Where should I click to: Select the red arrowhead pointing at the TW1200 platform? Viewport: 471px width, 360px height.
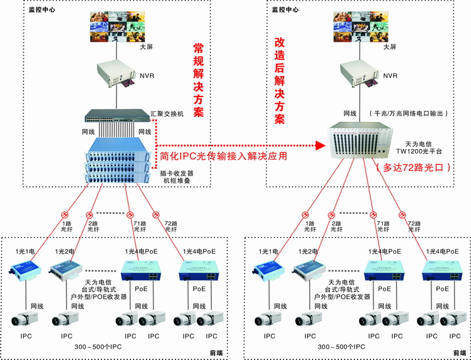[x=320, y=145]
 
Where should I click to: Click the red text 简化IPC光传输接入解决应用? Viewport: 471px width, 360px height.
[x=224, y=156]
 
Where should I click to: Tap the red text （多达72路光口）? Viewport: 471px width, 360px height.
[x=413, y=167]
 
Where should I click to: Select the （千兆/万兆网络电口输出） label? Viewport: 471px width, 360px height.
[x=409, y=113]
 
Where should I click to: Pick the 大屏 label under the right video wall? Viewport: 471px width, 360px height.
[x=389, y=47]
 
